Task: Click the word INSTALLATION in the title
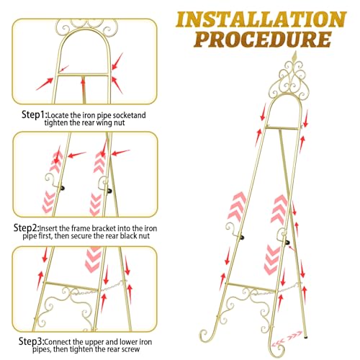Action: [x=261, y=19]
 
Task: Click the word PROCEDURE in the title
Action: [x=263, y=39]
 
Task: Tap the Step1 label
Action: [x=34, y=114]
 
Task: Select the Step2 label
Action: [x=26, y=228]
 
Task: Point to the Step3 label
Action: [x=32, y=341]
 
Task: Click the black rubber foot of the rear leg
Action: [x=305, y=337]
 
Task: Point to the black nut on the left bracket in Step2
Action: [x=63, y=189]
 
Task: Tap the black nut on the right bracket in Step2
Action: [x=109, y=192]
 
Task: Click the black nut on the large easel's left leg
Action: [x=243, y=238]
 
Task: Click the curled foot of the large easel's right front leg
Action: [x=276, y=346]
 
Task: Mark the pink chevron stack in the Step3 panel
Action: [x=94, y=259]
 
